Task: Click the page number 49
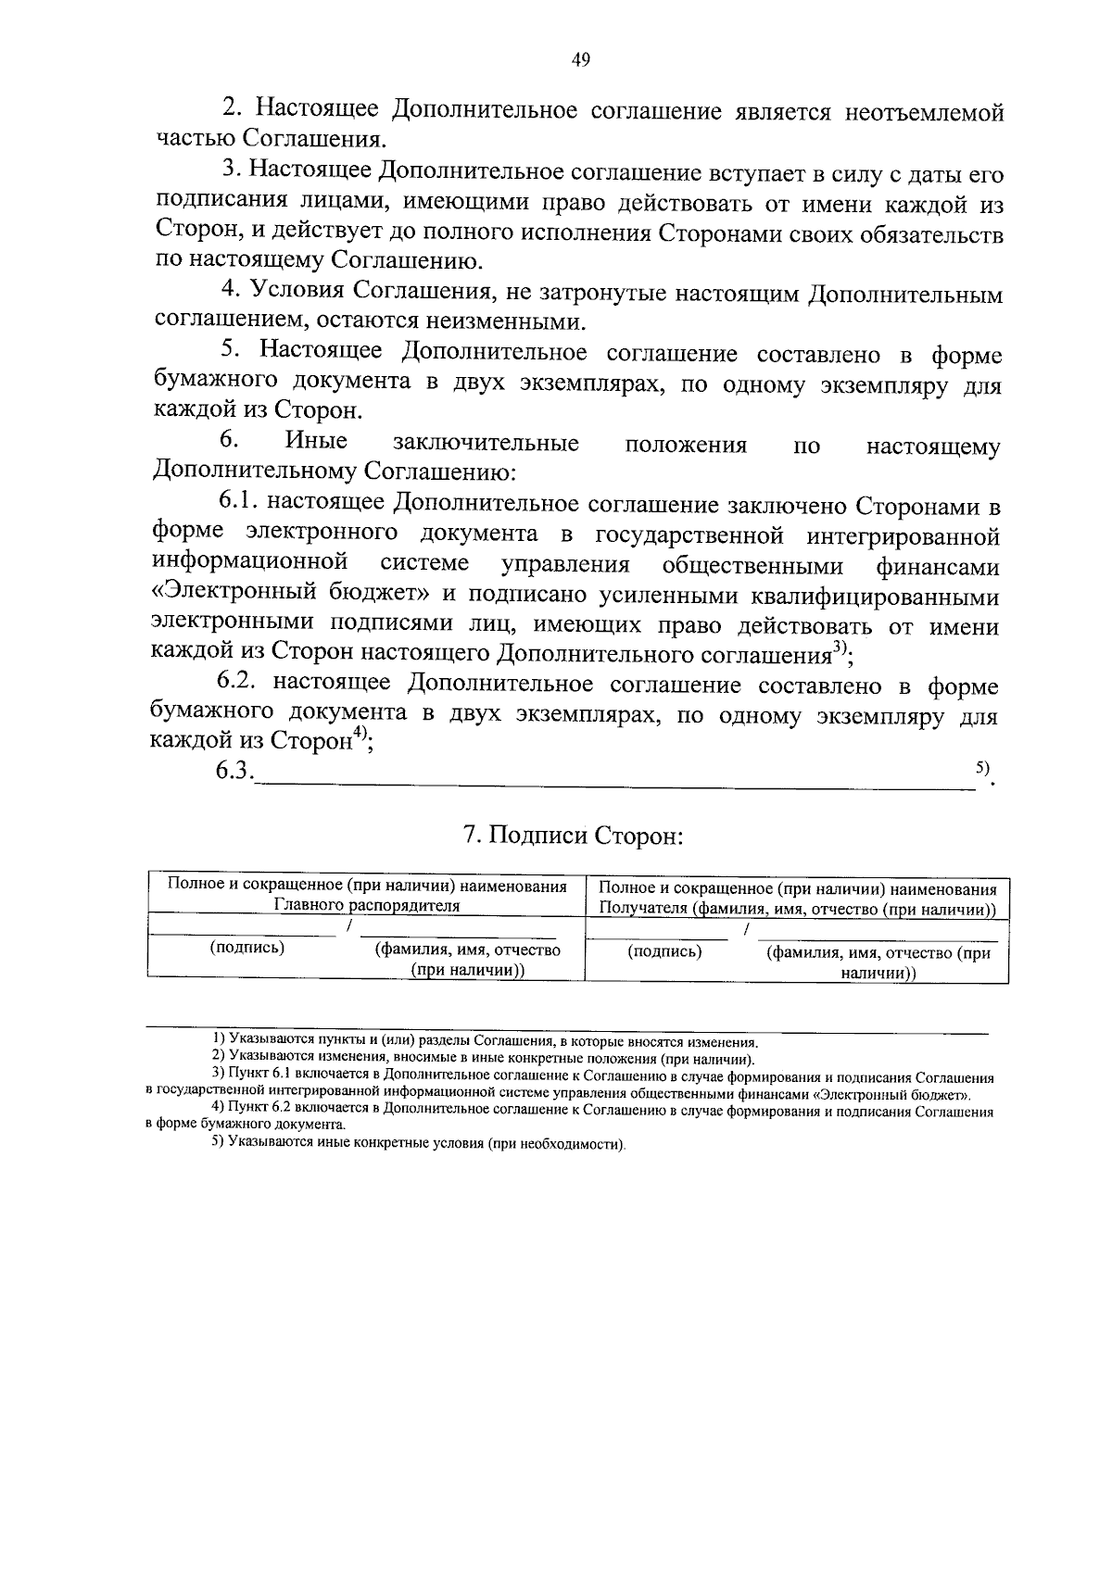581,61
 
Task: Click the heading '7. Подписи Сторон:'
573,836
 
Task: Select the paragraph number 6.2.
239,684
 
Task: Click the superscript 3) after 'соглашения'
839,648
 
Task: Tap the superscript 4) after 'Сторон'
360,736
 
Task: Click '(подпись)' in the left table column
247,948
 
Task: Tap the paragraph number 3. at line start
232,171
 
